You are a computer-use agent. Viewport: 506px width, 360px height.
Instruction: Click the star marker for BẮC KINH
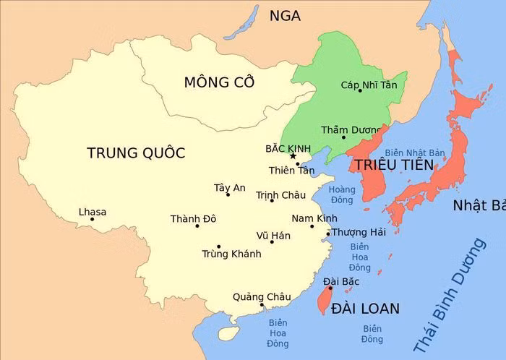(293, 155)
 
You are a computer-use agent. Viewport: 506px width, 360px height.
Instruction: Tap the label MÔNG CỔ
(219, 82)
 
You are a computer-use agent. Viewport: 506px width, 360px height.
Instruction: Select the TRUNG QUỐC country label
(136, 153)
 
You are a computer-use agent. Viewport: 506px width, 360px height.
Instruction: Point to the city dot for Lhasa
(93, 219)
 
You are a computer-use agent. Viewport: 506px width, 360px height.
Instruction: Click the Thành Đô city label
(193, 218)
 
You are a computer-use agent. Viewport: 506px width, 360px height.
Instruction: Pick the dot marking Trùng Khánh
(218, 247)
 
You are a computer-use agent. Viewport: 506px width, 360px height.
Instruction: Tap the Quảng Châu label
(262, 296)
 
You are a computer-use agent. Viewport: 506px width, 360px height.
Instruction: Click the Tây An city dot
(228, 194)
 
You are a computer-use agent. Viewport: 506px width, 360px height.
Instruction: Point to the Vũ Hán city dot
(272, 241)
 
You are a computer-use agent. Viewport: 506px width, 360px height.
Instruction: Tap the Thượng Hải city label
(359, 232)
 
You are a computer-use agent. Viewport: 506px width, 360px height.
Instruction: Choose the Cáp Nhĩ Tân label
(369, 85)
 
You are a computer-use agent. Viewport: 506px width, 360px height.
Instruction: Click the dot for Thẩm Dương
(343, 137)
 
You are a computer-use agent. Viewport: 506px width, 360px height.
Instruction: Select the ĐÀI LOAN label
(365, 309)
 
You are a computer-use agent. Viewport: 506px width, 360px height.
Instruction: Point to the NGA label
(285, 16)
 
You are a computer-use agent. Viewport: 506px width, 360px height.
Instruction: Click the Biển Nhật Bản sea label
(414, 153)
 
